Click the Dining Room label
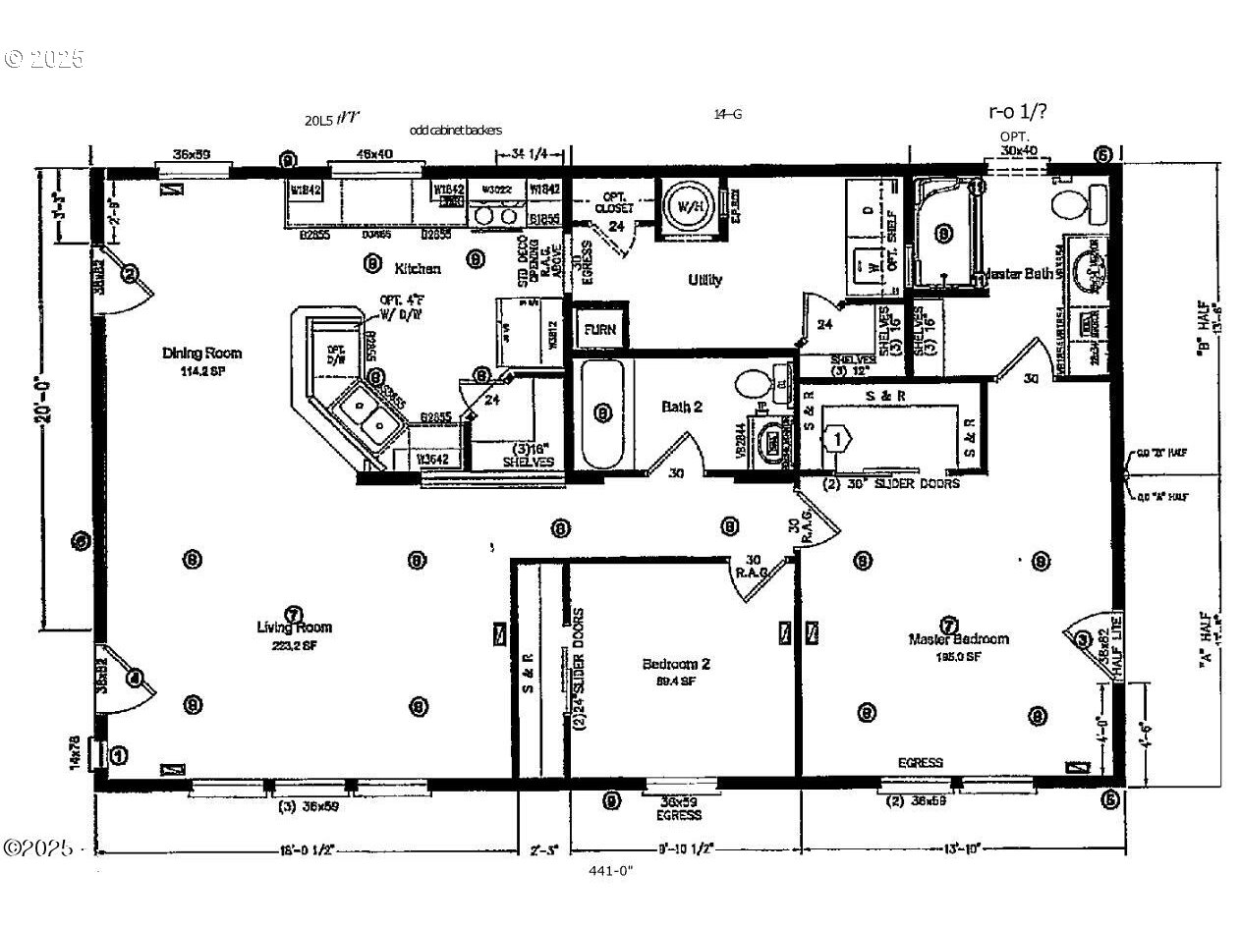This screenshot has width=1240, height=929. coord(201,354)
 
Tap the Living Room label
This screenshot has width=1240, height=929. coord(294,628)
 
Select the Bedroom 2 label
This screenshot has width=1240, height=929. coord(676,664)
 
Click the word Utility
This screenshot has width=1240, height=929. coord(705,280)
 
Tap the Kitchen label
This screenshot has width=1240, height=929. coord(418,268)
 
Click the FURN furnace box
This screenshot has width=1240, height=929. coord(599,329)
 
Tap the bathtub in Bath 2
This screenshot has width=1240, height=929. coord(602,414)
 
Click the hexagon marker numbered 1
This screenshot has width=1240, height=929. coord(836,438)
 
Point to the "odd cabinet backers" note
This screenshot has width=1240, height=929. coord(456,130)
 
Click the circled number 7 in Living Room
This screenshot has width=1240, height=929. coord(292,614)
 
